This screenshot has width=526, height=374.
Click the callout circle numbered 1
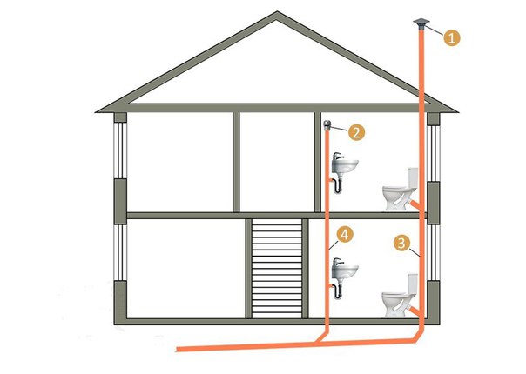click(x=451, y=37)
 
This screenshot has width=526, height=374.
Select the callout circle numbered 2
click(x=356, y=132)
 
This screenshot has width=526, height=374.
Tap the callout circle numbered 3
click(x=401, y=243)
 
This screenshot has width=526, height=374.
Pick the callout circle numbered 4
click(x=345, y=235)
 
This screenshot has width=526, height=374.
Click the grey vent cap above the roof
click(x=421, y=25)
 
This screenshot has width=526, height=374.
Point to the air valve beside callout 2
click(x=327, y=125)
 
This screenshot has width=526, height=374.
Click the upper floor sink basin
click(x=345, y=166)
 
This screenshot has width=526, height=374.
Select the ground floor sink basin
click(x=345, y=271)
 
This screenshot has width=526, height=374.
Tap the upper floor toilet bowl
click(x=395, y=197)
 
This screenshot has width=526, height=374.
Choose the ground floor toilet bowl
click(x=394, y=304)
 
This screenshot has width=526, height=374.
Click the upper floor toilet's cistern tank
click(x=413, y=177)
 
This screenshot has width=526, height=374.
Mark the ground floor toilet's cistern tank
click(x=413, y=284)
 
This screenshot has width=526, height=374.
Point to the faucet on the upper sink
click(x=338, y=157)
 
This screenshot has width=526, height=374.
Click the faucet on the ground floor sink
click(x=338, y=262)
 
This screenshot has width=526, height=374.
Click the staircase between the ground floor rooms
click(x=277, y=269)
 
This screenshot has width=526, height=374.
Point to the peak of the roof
click(x=277, y=12)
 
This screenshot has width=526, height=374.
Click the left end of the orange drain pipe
click(x=178, y=349)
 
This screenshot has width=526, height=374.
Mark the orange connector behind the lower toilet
click(x=415, y=310)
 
